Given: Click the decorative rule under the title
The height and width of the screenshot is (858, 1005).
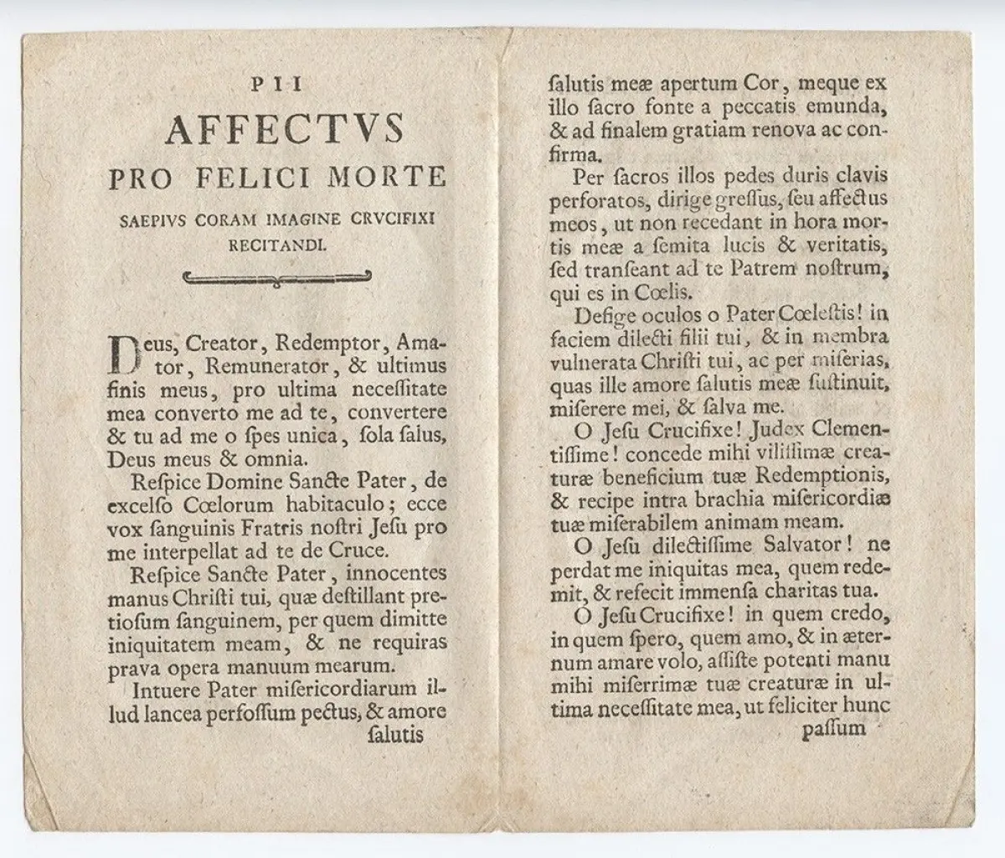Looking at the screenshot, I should point(277,278).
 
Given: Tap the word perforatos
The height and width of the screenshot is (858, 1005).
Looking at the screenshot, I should point(591,202).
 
